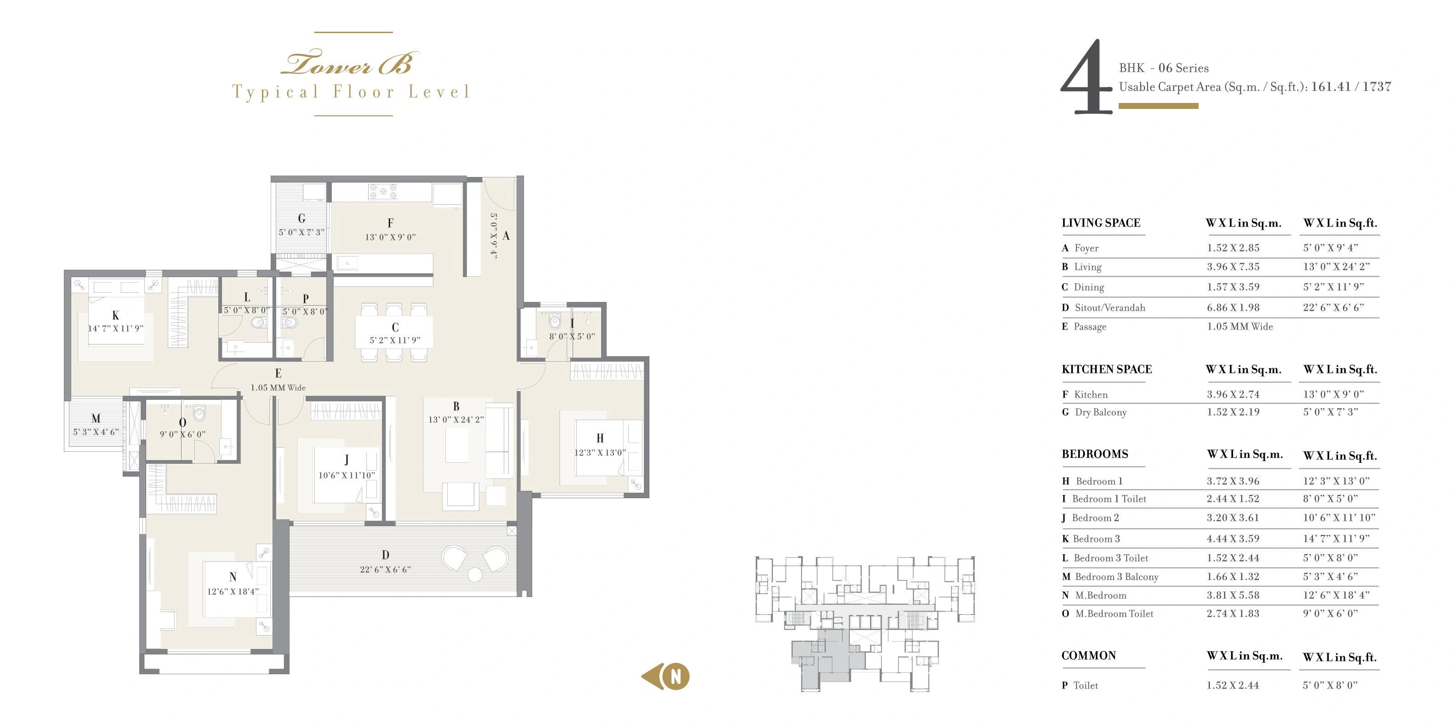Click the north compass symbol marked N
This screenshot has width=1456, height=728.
point(676,676)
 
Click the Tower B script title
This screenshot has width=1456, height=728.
point(349,64)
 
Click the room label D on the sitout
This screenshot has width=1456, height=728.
point(385,555)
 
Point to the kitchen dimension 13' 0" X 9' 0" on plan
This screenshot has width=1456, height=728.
point(390,237)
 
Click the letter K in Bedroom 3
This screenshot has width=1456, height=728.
point(115,316)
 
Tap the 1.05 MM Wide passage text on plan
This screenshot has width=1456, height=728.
point(278,388)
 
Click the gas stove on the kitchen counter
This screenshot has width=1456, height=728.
point(383,191)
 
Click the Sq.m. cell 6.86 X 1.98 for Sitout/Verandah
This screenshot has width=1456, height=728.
point(1233,307)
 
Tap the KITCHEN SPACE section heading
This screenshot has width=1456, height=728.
point(1106,369)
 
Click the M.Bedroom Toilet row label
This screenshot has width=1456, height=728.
point(1114,614)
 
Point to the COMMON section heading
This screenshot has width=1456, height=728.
point(1089,656)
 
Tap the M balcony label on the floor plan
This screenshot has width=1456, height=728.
point(96,419)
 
